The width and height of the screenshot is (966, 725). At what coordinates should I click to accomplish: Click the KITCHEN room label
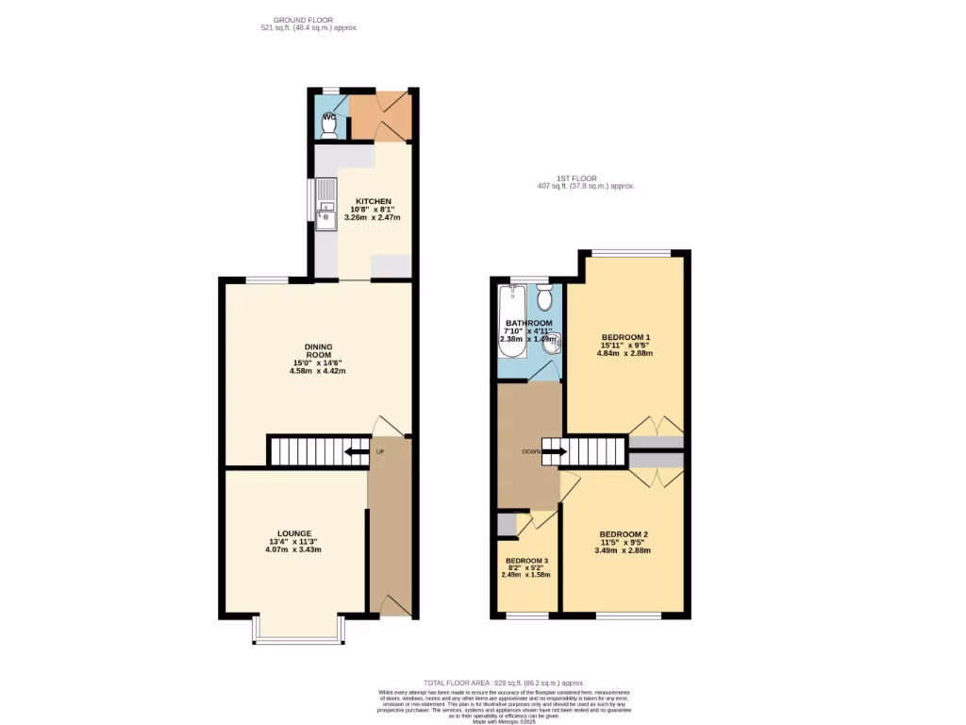(x=373, y=201)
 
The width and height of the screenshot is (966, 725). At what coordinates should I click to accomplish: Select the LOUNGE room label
(x=294, y=533)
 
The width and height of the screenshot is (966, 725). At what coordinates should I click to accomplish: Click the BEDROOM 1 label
(x=626, y=337)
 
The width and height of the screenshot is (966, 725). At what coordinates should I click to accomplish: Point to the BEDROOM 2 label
(x=624, y=534)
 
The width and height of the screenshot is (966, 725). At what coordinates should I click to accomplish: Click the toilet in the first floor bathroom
(x=543, y=299)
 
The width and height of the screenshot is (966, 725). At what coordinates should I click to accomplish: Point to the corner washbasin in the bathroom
(x=552, y=342)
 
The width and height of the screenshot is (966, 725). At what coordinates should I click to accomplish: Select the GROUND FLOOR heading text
(x=308, y=20)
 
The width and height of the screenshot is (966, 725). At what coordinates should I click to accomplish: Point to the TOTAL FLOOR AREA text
(x=504, y=683)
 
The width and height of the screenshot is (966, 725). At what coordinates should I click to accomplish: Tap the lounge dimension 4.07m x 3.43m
(x=294, y=549)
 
